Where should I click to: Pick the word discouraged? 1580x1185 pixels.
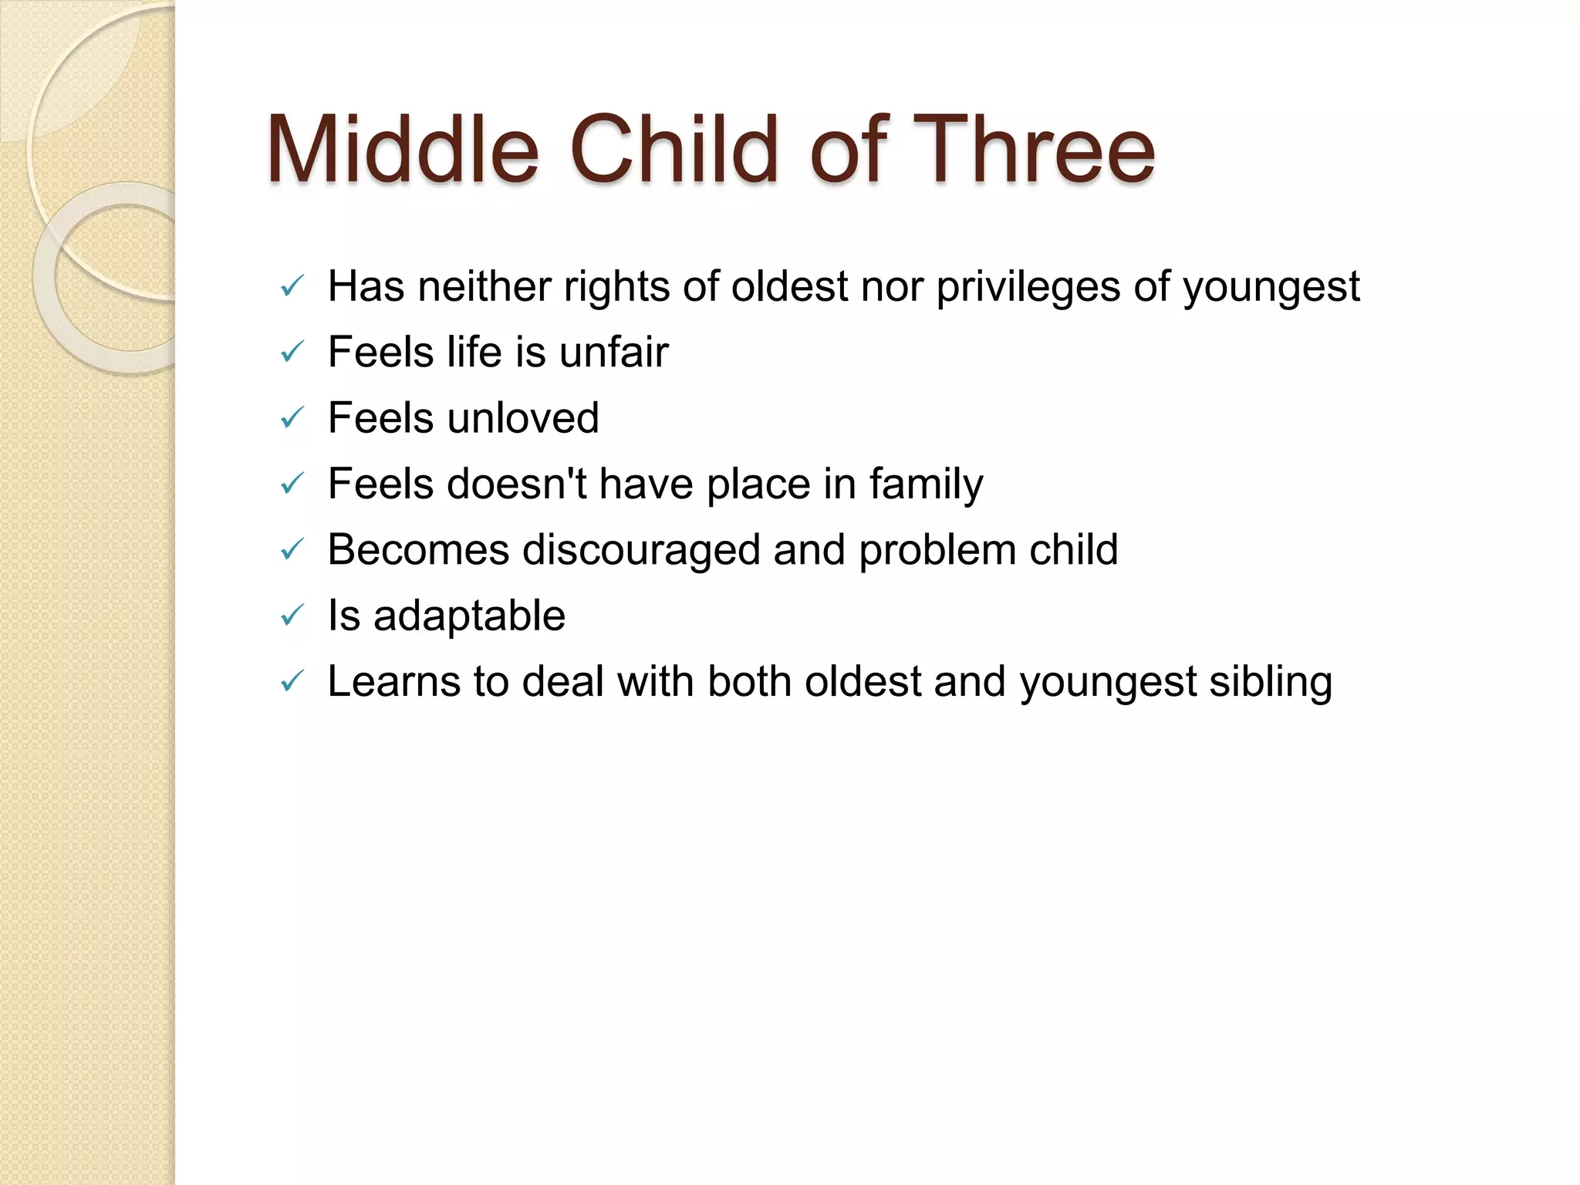[x=642, y=551]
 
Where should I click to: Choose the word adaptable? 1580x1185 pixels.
[x=469, y=616]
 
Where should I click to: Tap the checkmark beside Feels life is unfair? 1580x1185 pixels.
[x=292, y=353]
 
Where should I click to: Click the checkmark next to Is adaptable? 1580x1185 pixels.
[x=292, y=616]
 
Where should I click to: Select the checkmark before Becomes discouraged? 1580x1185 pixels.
[x=292, y=551]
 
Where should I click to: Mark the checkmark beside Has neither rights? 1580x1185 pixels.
[x=292, y=288]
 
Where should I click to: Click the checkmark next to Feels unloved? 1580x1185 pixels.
[x=292, y=419]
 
